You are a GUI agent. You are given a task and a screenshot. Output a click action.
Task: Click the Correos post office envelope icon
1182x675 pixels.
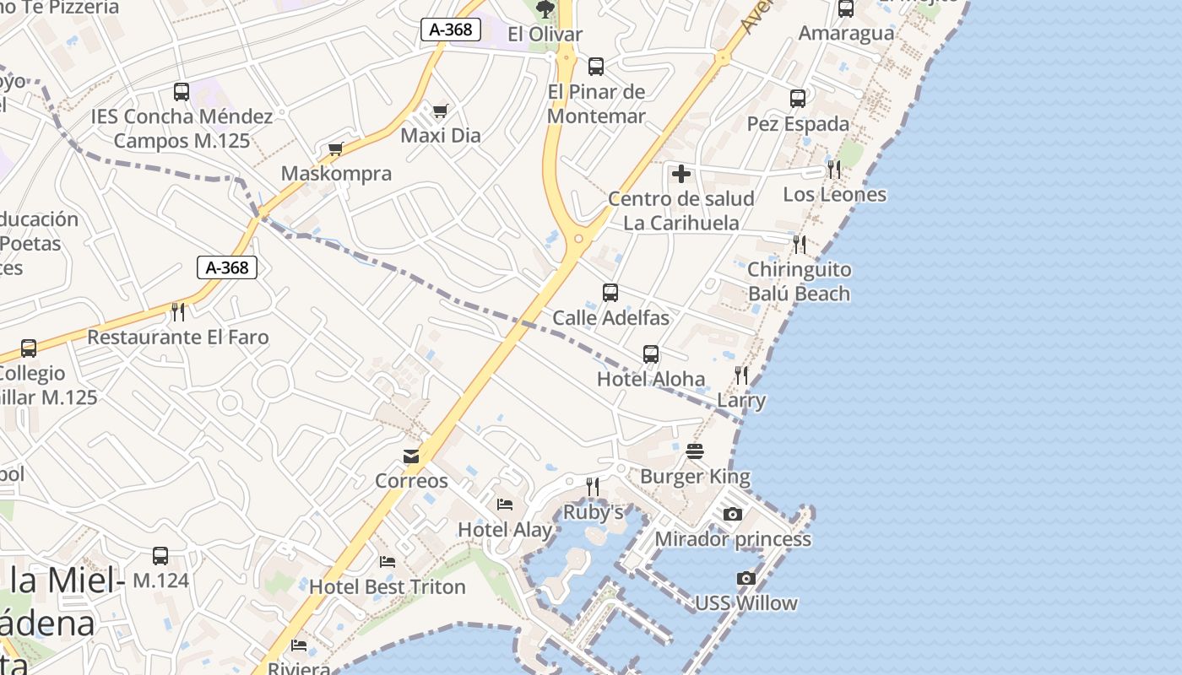pyautogui.click(x=411, y=456)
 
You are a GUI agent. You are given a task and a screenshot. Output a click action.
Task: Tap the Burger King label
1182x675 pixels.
pyautogui.click(x=695, y=477)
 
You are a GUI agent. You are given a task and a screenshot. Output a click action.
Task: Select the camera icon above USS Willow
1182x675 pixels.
pyautogui.click(x=746, y=578)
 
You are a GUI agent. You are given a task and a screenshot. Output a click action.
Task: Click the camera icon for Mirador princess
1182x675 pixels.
pyautogui.click(x=732, y=514)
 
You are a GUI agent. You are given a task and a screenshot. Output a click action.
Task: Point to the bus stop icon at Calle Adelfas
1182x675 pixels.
pyautogui.click(x=610, y=293)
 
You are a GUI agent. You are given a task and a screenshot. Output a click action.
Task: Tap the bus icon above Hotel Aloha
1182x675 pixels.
pyautogui.click(x=650, y=354)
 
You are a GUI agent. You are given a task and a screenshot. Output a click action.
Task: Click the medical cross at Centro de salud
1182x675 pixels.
pyautogui.click(x=680, y=175)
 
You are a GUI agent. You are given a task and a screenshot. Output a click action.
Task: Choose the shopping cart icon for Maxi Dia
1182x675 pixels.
pyautogui.click(x=440, y=111)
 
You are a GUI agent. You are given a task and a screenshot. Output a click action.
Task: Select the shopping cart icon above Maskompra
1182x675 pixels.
pyautogui.click(x=335, y=149)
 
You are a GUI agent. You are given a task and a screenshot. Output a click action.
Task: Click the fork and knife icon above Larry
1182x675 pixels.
pyautogui.click(x=740, y=375)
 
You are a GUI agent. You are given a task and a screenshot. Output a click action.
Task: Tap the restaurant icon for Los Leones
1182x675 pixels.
pyautogui.click(x=833, y=169)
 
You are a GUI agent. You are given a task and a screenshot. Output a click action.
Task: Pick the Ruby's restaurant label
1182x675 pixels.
pyautogui.click(x=593, y=512)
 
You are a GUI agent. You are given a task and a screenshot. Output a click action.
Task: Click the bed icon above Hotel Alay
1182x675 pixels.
pyautogui.click(x=504, y=505)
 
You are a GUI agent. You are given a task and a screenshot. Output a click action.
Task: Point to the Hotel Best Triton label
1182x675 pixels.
pyautogui.click(x=388, y=586)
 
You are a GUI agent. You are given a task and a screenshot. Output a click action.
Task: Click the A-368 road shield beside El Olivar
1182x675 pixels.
pyautogui.click(x=451, y=30)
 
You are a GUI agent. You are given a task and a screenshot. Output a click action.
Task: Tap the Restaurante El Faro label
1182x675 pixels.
pyautogui.click(x=178, y=337)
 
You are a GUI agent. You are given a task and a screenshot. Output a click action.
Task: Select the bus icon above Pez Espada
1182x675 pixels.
pyautogui.click(x=797, y=99)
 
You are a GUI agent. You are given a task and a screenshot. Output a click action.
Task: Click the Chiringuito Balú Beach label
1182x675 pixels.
pyautogui.click(x=799, y=282)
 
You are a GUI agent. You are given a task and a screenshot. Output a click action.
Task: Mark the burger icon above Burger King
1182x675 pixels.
pyautogui.click(x=695, y=451)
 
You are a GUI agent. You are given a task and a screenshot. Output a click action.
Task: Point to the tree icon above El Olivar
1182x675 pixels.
pyautogui.click(x=545, y=9)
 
